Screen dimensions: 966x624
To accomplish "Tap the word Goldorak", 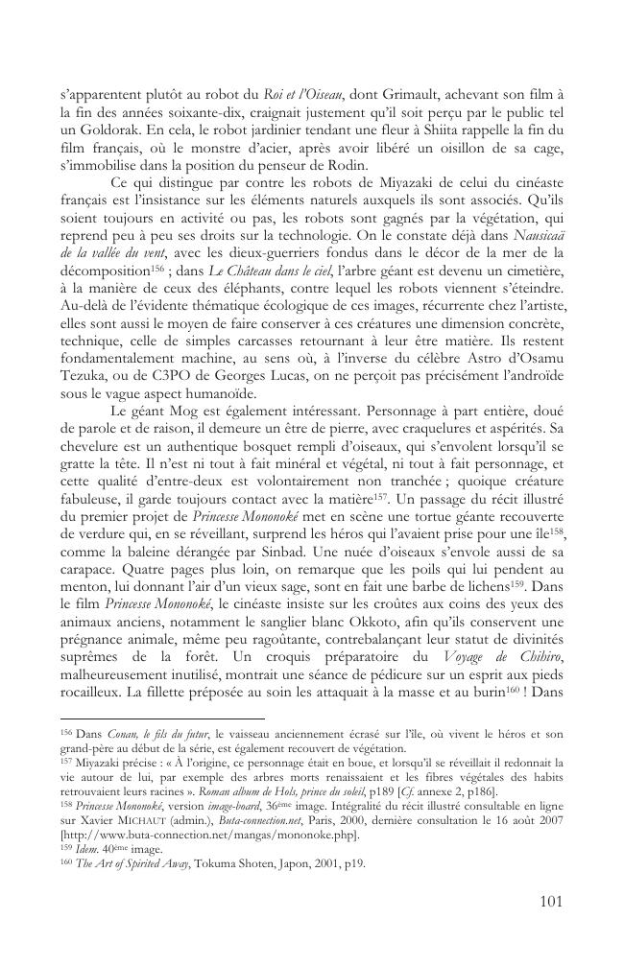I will coord(105,129).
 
